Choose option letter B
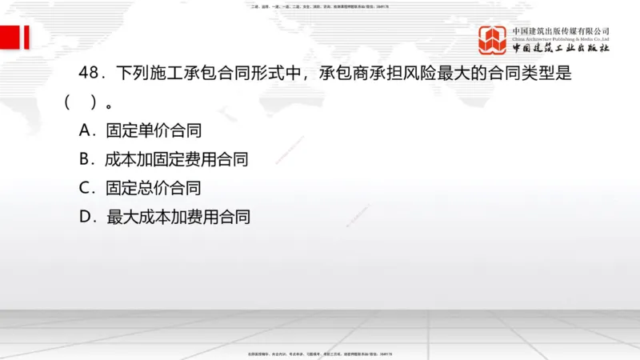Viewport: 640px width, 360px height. [87, 159]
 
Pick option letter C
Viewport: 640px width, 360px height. [87, 189]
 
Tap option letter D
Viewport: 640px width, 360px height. [88, 217]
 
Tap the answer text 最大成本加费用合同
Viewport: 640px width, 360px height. [178, 217]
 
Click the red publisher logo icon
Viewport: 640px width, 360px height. [492, 40]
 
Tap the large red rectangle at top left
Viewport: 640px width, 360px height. [10, 37]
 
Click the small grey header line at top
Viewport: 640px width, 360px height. [320, 6]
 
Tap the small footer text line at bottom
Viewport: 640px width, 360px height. [320, 353]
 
